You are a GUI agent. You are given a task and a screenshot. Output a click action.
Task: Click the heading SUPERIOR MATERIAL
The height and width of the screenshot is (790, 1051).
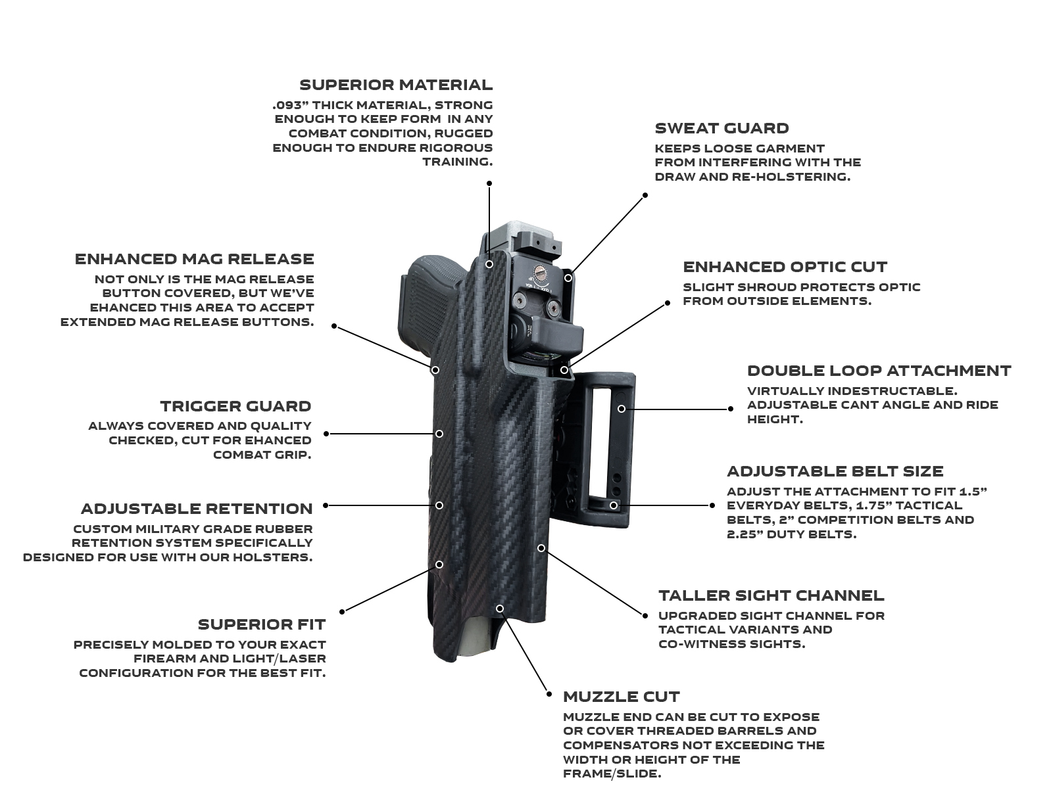click(395, 85)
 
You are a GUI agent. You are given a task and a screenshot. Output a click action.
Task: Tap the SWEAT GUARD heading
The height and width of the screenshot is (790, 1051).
click(721, 128)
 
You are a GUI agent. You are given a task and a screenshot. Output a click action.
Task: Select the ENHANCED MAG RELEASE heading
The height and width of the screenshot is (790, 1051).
click(194, 259)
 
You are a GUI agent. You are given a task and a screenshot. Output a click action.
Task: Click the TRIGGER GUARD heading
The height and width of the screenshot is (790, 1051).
click(235, 406)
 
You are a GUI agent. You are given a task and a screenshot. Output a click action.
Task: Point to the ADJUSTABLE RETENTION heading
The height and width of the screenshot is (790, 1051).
click(196, 509)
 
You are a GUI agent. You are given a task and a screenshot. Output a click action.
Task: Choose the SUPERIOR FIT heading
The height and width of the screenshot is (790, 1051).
click(261, 624)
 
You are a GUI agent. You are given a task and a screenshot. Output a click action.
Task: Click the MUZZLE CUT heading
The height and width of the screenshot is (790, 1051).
click(621, 697)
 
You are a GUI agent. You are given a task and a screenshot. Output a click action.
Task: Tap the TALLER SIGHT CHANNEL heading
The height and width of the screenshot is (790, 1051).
click(771, 595)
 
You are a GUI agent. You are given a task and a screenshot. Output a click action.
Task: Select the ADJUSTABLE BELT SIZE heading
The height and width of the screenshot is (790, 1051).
click(835, 471)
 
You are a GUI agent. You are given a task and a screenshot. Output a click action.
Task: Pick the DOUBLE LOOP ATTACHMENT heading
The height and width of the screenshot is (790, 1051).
click(879, 371)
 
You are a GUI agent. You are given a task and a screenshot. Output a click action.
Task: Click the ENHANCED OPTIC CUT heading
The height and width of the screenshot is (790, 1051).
click(785, 267)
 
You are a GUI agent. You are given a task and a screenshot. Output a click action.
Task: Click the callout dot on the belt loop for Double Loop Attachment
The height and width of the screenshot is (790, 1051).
click(621, 409)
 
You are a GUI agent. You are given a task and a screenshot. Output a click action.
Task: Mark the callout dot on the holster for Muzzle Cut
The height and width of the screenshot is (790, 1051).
click(500, 609)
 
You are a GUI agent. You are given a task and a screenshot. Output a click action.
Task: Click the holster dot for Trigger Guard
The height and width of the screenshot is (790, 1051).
click(439, 434)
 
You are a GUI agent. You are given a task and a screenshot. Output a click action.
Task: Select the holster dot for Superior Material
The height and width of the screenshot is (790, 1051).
click(489, 264)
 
